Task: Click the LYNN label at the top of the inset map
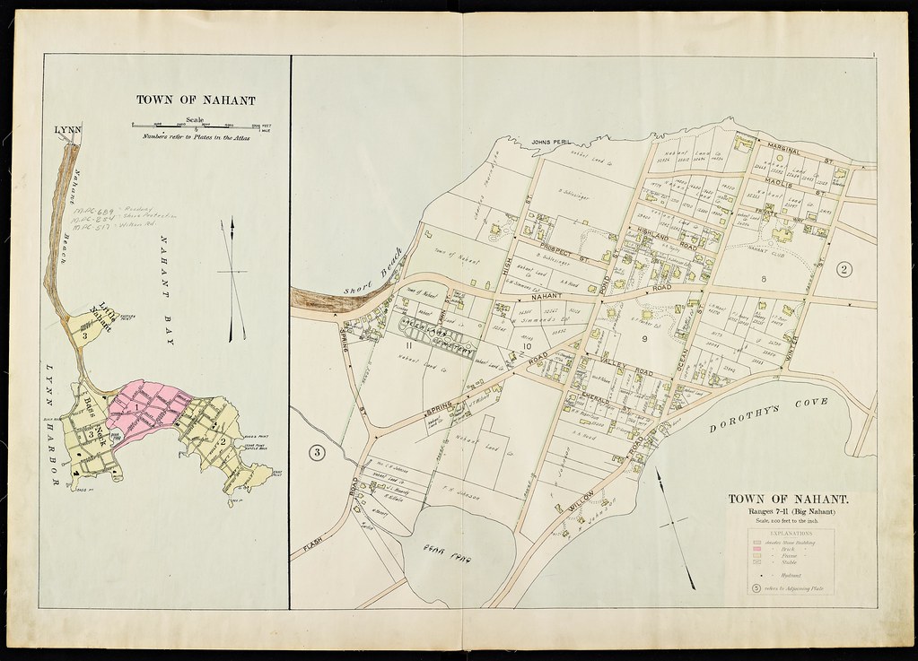point(67,130)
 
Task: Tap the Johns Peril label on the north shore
point(552,142)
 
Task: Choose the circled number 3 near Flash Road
point(317,452)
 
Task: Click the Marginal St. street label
point(788,153)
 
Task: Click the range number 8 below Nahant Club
point(764,280)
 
